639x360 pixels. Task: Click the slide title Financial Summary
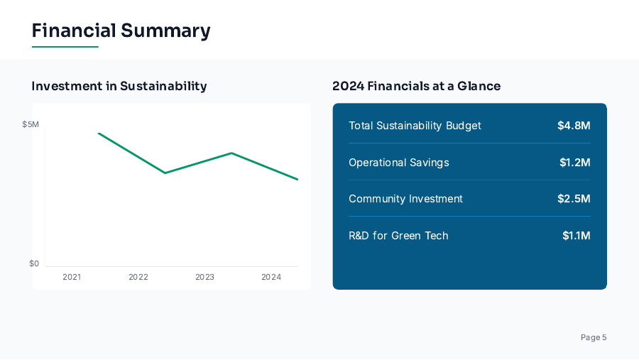[121, 31]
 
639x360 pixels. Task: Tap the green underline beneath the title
[65, 47]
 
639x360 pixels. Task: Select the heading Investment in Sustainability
[119, 86]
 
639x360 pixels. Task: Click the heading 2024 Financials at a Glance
[416, 86]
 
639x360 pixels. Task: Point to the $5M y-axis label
[31, 124]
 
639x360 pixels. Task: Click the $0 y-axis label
[34, 263]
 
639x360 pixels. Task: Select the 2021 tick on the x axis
[72, 277]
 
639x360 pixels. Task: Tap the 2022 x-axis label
[138, 277]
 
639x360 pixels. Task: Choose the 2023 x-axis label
[204, 277]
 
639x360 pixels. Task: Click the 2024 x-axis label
[271, 277]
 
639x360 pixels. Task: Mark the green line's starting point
[99, 133]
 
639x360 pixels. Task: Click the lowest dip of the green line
[298, 179]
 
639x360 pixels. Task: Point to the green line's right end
[297, 179]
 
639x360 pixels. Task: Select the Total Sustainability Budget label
[415, 126]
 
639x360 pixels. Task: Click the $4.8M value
[574, 126]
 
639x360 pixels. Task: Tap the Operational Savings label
[399, 163]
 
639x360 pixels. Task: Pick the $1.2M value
[574, 163]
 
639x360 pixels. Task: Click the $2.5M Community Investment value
[574, 199]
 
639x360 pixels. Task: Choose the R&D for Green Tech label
[398, 236]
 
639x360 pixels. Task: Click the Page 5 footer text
[594, 337]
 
